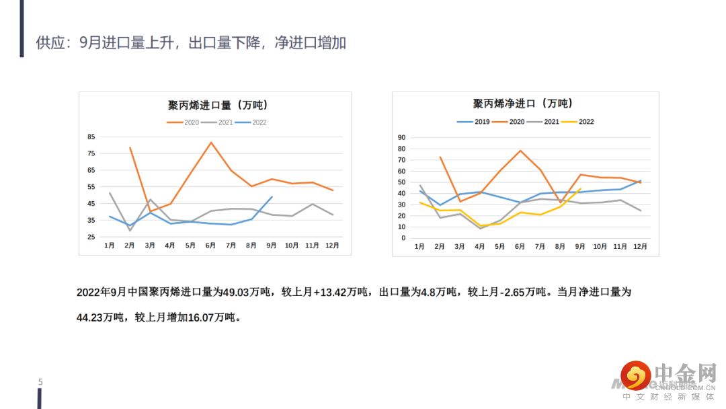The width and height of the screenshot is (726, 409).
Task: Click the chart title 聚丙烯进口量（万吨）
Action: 218,105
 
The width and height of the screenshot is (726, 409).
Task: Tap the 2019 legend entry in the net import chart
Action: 474,122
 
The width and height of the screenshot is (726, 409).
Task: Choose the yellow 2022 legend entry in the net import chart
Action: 579,122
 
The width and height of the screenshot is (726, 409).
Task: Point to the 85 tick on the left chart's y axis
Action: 91,137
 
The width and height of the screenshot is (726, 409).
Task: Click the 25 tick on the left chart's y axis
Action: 91,237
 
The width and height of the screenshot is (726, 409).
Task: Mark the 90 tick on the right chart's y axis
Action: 401,137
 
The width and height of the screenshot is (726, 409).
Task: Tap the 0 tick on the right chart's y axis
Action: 403,238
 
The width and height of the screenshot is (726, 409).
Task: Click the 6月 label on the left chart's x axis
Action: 210,246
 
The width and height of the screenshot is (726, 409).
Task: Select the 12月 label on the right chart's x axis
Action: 640,247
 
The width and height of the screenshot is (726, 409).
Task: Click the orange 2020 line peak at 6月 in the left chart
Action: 211,143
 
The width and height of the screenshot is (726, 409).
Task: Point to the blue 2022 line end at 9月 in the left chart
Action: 272,196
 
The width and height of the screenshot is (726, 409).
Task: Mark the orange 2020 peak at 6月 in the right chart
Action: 520,151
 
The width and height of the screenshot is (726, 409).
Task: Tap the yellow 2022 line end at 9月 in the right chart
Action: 580,189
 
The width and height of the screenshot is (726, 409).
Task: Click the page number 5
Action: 40,382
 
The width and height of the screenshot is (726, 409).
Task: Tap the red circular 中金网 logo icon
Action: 635,375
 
